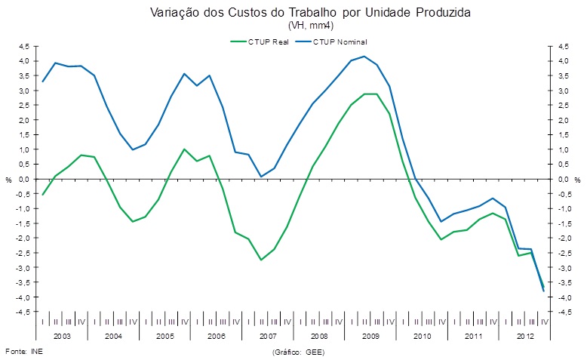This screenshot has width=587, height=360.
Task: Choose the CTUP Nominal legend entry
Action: tap(343, 42)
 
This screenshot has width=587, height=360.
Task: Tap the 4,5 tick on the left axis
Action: tap(24, 46)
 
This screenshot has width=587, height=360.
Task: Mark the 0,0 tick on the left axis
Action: tap(24, 180)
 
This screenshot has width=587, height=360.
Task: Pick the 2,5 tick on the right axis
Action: tap(563, 106)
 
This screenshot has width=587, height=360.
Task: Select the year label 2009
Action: tap(370, 335)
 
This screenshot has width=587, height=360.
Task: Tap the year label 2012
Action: tap(524, 335)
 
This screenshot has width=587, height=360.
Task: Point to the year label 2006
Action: tap(216, 335)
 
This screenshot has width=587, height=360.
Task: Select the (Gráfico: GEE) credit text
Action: tap(297, 352)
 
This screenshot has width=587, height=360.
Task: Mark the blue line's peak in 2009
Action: tap(364, 57)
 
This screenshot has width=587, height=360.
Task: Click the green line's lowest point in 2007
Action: tap(261, 260)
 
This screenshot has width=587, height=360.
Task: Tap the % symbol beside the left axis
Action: tap(9, 180)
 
